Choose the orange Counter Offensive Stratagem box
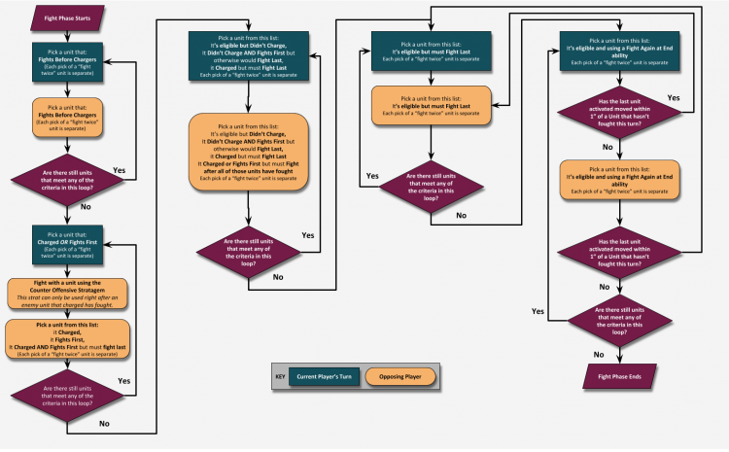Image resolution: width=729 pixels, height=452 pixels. click(x=67, y=295)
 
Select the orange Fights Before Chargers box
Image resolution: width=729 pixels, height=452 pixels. click(x=67, y=119)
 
